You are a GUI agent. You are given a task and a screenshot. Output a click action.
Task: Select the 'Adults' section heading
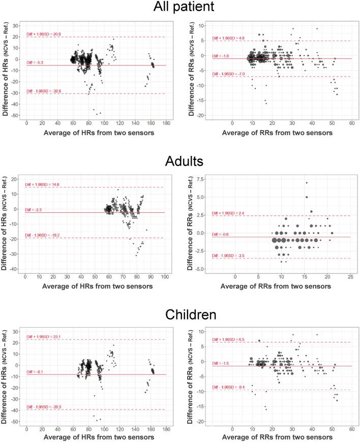[x=180, y=161]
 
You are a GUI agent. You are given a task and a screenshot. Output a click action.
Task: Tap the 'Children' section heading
[x=180, y=313]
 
